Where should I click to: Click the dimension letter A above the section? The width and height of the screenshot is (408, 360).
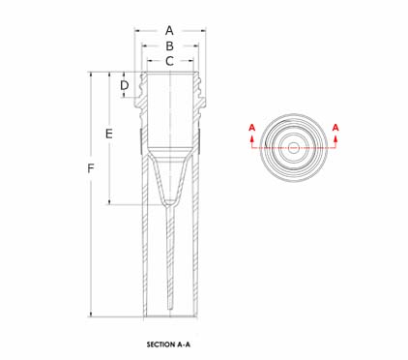(169, 31)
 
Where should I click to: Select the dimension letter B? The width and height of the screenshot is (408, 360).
(169, 46)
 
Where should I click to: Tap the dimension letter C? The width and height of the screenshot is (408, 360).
(169, 61)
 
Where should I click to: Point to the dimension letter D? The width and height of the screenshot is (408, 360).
(125, 85)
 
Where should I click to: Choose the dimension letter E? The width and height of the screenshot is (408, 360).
(109, 134)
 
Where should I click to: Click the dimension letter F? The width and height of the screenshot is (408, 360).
(91, 168)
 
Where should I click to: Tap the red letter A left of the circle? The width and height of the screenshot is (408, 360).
(252, 128)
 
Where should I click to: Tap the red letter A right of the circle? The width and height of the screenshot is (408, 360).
(335, 128)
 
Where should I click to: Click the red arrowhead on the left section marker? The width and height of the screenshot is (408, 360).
(252, 138)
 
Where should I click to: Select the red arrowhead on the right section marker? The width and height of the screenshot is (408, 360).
(335, 138)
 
